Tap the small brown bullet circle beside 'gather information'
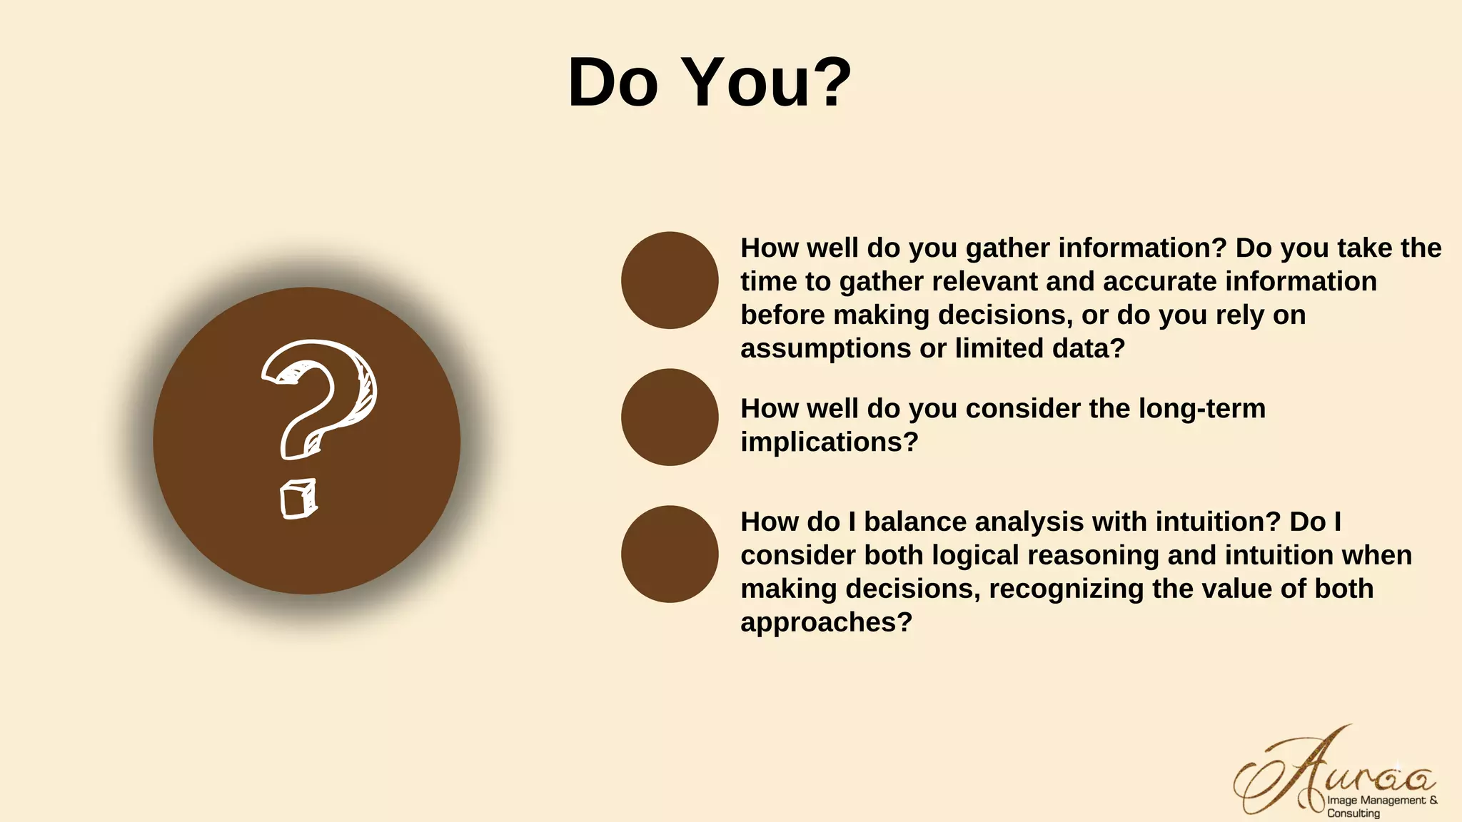click(670, 280)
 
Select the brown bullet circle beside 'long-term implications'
click(670, 417)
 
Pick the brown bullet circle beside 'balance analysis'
click(670, 554)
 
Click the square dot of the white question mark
click(298, 499)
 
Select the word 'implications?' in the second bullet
click(829, 442)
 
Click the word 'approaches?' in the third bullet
click(826, 622)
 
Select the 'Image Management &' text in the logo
click(1381, 801)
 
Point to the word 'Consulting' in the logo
click(1353, 813)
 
